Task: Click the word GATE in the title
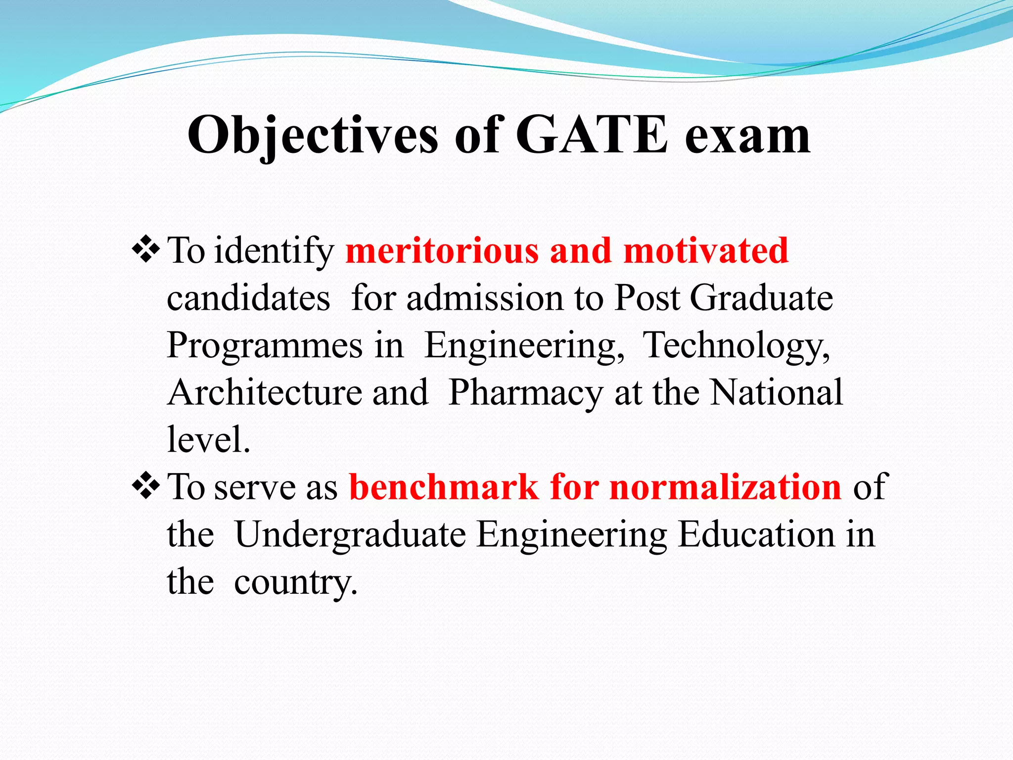(x=592, y=135)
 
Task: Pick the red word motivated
(x=706, y=250)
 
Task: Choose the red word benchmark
(x=444, y=487)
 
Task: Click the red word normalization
(x=725, y=487)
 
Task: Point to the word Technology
(x=736, y=345)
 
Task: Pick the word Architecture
(x=265, y=392)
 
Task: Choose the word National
(x=777, y=392)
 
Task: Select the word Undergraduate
(x=350, y=535)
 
